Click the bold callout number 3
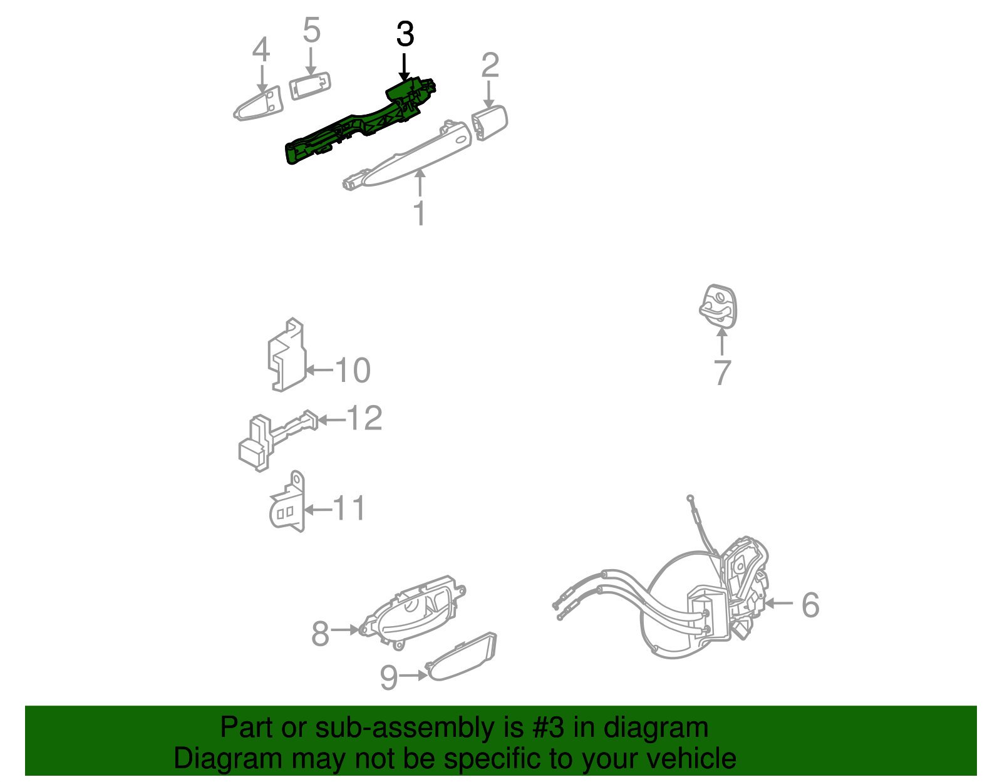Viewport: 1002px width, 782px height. pos(405,34)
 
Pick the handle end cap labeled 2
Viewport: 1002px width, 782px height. pos(489,123)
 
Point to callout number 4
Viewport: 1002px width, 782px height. pos(261,49)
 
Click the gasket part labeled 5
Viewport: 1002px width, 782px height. pos(310,86)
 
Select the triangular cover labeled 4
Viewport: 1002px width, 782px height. pos(259,104)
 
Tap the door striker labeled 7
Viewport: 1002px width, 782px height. pos(718,306)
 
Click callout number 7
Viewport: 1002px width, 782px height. pos(722,373)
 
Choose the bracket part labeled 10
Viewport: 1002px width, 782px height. pos(287,355)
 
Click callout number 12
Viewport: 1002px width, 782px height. pos(364,418)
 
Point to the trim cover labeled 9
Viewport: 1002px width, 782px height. pos(461,656)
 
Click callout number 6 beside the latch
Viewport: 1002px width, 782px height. pos(810,605)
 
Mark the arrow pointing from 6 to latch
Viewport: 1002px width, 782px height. pos(779,603)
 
